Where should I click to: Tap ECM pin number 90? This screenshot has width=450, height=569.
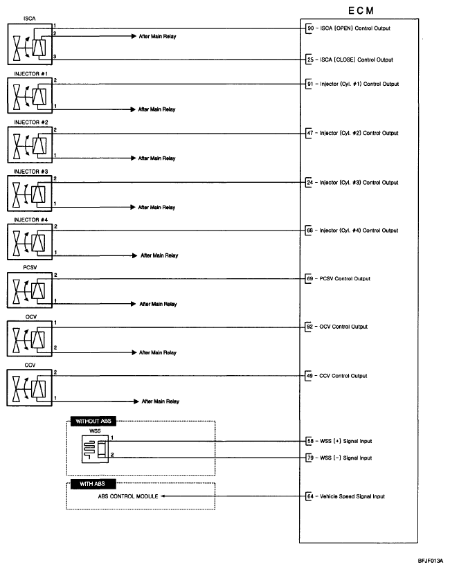coord(310,28)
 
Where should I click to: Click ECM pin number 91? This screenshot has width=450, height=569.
coord(310,84)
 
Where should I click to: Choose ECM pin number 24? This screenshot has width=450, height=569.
coord(310,183)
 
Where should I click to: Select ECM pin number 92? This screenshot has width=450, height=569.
coord(310,327)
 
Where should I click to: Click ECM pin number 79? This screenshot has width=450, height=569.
coord(310,458)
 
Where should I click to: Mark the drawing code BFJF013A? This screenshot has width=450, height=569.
coord(431,562)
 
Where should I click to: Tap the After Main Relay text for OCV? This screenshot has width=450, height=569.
coord(159,353)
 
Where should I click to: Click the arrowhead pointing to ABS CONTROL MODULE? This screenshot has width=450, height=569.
coord(165,496)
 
